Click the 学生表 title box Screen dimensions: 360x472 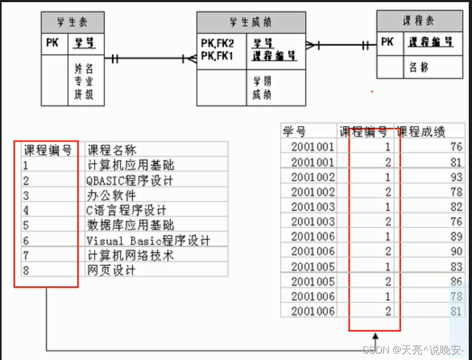(72, 23)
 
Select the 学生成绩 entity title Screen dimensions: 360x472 (250, 23)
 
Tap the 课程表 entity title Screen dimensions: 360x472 (419, 21)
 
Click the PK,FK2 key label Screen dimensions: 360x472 (217, 42)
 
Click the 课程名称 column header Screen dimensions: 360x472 (115, 149)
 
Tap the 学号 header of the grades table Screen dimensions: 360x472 (295, 131)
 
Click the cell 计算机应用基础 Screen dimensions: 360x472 (130, 164)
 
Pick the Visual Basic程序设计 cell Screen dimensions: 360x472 (148, 240)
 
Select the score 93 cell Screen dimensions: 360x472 (456, 177)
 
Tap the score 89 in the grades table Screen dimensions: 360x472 (456, 236)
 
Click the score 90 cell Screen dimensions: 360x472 (456, 251)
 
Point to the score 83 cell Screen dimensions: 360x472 (456, 267)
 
